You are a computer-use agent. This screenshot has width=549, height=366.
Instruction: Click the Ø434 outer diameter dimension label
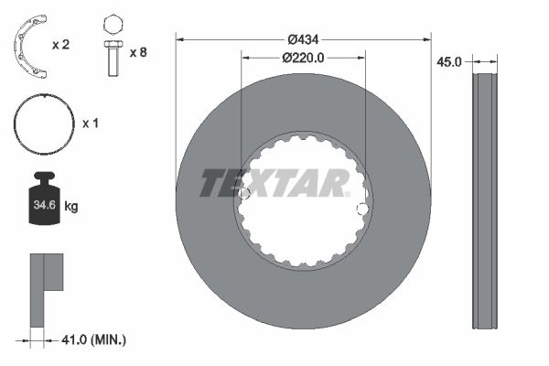point(303,39)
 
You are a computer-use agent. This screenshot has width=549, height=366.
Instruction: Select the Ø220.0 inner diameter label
point(303,58)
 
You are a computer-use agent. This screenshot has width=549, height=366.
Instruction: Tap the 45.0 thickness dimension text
point(447,61)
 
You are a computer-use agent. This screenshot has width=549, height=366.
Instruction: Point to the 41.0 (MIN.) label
point(95,339)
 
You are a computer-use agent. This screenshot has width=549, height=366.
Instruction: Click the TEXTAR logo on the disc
point(274,183)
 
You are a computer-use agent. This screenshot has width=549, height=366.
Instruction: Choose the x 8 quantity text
point(138,52)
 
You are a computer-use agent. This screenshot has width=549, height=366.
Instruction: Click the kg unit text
point(71,207)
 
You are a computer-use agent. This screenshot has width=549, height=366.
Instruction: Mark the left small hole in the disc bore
point(243,194)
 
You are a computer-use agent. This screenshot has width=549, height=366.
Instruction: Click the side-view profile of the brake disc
point(484,199)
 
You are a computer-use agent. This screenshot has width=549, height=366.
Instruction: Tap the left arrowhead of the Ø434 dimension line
point(180,39)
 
